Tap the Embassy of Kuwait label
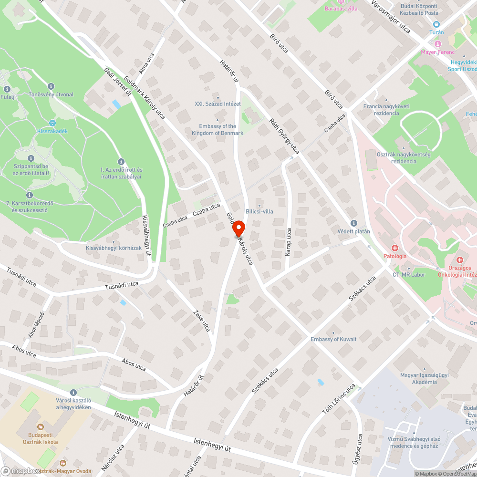tap(333, 339)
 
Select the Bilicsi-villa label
tap(259, 211)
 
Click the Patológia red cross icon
tap(395, 248)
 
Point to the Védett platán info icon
tap(353, 223)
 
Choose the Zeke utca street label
tap(201, 321)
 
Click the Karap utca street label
tap(288, 242)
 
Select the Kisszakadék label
tap(52, 131)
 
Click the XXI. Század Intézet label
tap(218, 104)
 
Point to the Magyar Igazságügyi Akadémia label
tap(418, 379)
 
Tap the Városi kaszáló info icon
tap(73, 392)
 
